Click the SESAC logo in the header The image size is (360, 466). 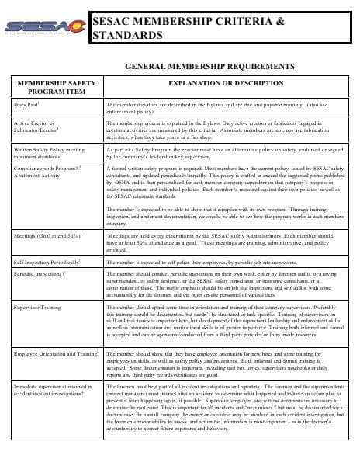pyautogui.click(x=45, y=27)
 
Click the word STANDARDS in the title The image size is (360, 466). pyautogui.click(x=128, y=36)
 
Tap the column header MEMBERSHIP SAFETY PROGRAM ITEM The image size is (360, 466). pyautogui.click(x=53, y=85)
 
